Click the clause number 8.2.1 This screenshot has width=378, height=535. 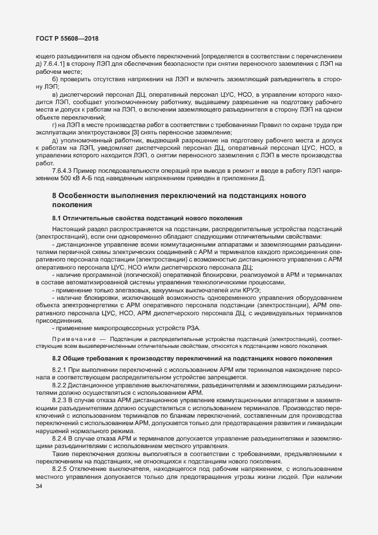pos(61,370)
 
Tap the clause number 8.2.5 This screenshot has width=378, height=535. pos(61,453)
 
